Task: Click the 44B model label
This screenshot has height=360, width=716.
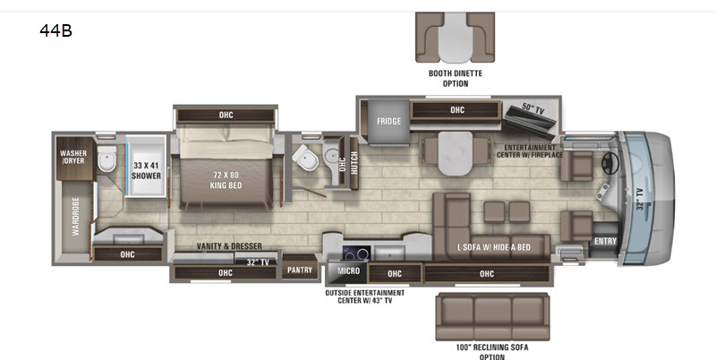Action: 55,30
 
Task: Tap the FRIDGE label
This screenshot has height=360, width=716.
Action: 388,121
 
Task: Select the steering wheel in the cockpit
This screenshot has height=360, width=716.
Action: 610,163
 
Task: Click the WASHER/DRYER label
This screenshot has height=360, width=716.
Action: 73,157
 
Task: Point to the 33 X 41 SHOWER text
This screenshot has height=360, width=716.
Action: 146,170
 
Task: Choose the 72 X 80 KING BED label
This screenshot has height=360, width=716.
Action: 226,180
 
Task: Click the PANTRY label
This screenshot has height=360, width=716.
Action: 300,270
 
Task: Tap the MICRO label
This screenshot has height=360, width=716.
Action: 348,271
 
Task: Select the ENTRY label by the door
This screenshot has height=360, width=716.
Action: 606,241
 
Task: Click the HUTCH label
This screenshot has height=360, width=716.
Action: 354,163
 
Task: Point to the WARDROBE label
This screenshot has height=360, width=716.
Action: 76,217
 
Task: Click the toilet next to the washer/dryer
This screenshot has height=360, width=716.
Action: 107,159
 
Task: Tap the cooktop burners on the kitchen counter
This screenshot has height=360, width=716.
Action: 356,253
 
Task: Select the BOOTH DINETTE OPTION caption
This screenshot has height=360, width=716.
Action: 456,78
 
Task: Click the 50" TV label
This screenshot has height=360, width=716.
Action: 533,108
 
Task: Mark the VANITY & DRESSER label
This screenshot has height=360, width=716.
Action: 229,246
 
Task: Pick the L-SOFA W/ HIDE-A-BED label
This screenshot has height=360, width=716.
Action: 494,247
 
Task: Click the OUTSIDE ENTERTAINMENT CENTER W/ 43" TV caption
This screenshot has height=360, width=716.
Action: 364,296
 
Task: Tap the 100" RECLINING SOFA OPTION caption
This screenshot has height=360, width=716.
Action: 491,352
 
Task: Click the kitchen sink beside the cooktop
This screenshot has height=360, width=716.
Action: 389,253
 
